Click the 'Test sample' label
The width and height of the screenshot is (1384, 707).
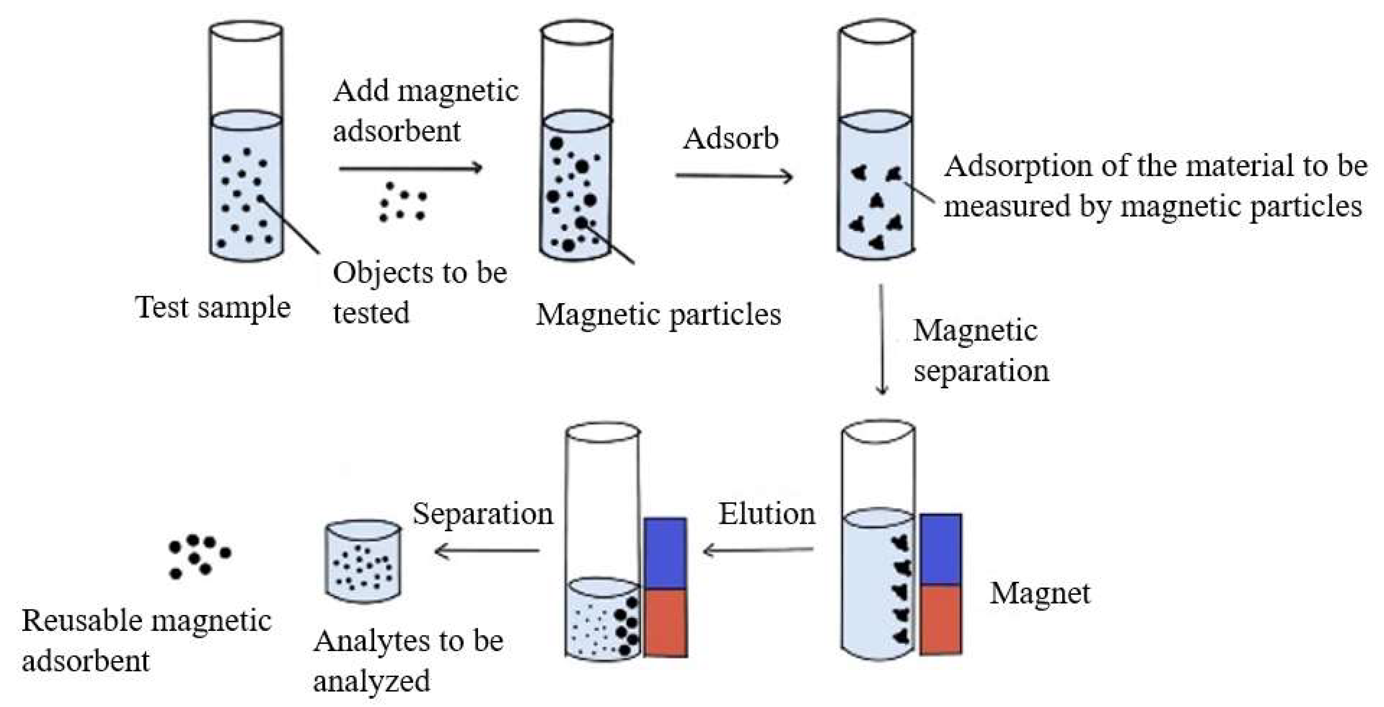(x=213, y=307)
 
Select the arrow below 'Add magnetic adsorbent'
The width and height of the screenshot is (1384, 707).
(x=410, y=168)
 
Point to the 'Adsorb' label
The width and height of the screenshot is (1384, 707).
(x=731, y=139)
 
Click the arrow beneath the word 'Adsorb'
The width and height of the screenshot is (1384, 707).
(x=734, y=176)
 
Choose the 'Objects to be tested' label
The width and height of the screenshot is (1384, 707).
(x=419, y=293)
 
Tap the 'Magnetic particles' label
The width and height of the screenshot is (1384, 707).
(x=659, y=315)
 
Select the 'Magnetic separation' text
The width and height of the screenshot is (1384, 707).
(x=980, y=351)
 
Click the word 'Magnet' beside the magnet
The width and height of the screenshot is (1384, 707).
(x=1040, y=593)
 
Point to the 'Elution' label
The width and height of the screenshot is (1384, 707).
(x=767, y=514)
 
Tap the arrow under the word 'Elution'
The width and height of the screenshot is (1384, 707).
(x=758, y=549)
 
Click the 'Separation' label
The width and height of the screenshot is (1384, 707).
(x=482, y=514)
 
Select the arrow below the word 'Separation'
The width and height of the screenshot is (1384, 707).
(x=487, y=550)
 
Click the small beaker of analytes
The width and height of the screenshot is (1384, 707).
(x=363, y=560)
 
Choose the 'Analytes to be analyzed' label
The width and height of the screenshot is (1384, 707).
(x=409, y=661)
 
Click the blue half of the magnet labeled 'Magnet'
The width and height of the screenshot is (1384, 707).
(x=940, y=549)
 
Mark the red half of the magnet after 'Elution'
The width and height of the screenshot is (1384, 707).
(x=665, y=622)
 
